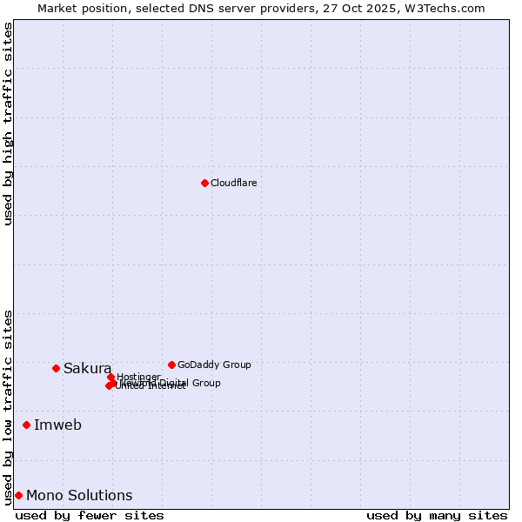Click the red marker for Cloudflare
click(204, 183)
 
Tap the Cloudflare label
click(233, 183)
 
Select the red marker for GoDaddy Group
click(171, 365)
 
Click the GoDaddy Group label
click(214, 365)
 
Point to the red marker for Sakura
click(56, 368)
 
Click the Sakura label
click(87, 369)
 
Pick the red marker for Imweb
click(26, 425)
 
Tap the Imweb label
click(57, 425)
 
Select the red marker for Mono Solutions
click(18, 495)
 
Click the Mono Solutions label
click(79, 496)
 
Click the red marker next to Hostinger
click(110, 377)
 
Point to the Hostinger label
click(138, 377)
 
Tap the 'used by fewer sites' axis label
click(90, 516)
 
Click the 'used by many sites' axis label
click(437, 516)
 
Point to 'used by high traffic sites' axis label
click(8, 124)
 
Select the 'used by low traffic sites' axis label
click(8, 406)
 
